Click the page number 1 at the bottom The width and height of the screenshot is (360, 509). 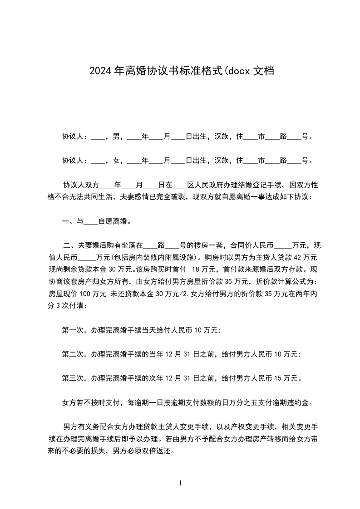180,483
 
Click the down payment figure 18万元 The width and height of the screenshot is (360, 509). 204,269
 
